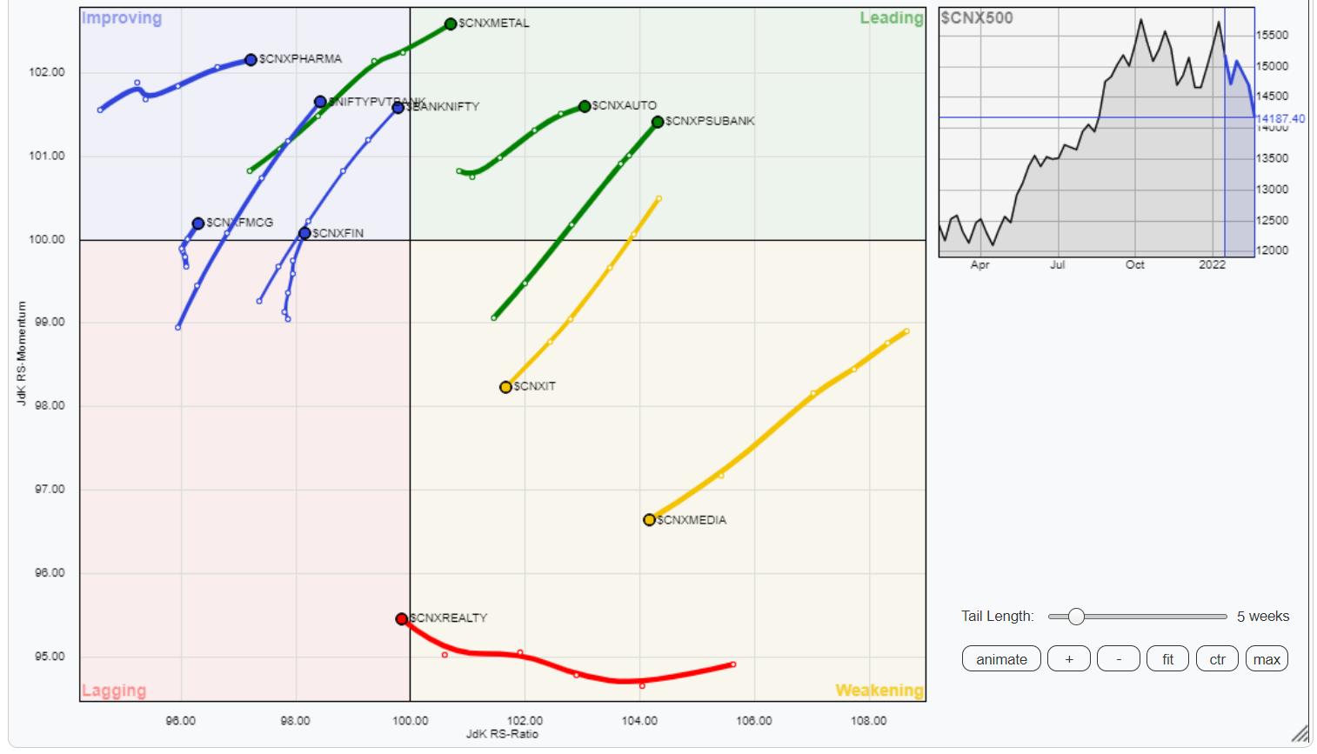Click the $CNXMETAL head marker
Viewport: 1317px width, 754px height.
click(x=451, y=24)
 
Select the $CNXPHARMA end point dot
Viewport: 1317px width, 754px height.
click(x=251, y=60)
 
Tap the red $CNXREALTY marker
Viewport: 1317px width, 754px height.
click(x=401, y=619)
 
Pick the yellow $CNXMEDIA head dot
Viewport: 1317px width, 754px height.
click(x=649, y=520)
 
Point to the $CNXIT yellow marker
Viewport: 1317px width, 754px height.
click(x=505, y=387)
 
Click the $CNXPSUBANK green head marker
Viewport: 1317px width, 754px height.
click(x=658, y=122)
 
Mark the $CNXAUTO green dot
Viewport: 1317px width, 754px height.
click(x=585, y=106)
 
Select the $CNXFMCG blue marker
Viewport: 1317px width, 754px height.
click(x=198, y=224)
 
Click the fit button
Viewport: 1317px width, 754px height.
click(x=1167, y=659)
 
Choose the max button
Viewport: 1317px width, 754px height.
click(x=1267, y=659)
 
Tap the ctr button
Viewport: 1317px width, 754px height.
click(x=1217, y=659)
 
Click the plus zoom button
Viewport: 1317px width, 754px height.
click(x=1069, y=659)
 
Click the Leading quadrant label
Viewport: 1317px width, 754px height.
click(x=891, y=18)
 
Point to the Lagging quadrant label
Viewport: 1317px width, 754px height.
click(x=114, y=691)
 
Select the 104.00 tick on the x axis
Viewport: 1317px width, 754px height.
click(x=639, y=720)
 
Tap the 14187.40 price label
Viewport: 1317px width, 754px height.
click(x=1280, y=118)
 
